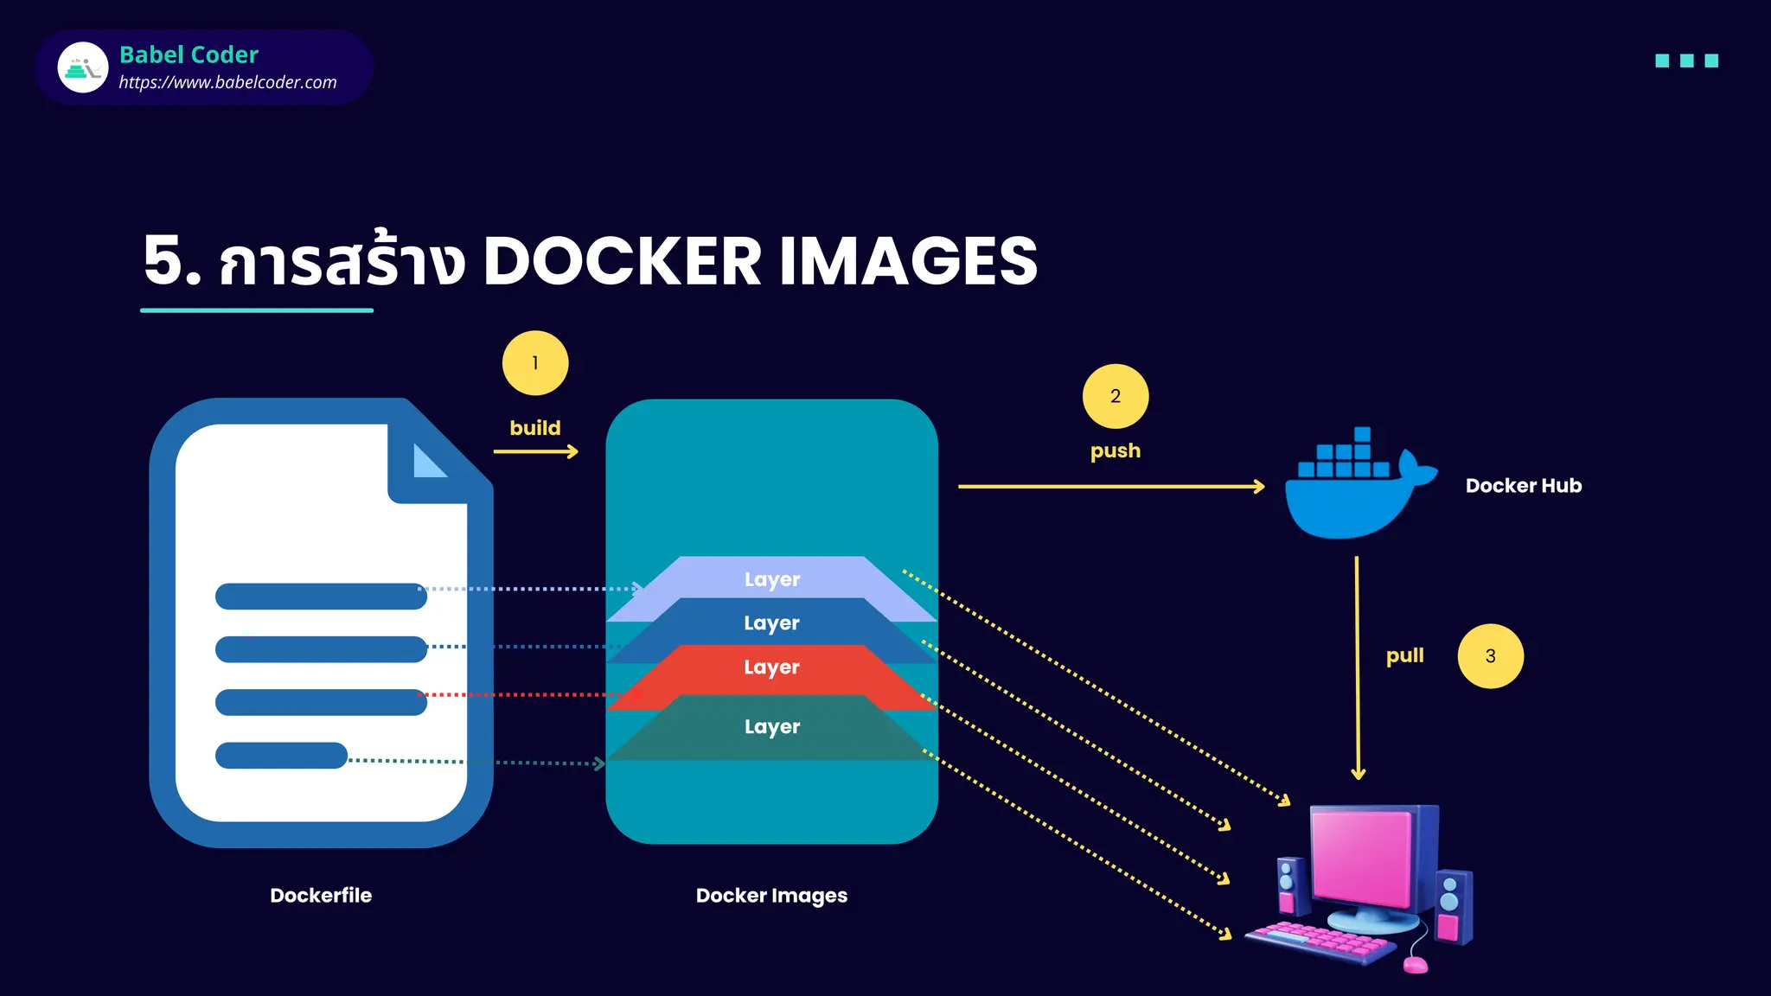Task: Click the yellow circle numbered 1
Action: [535, 363]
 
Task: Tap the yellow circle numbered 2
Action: [1116, 396]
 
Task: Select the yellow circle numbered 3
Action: [1490, 656]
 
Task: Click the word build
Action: [535, 428]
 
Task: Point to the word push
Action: [1116, 450]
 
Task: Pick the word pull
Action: [1404, 655]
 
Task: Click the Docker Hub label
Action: [1524, 486]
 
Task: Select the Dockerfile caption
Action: [321, 896]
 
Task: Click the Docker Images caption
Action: [771, 896]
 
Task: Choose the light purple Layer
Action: [772, 579]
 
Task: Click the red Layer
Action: [772, 667]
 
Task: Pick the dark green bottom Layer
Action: [772, 727]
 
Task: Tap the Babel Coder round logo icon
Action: [83, 67]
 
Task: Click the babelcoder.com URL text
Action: [227, 83]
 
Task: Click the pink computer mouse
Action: [1416, 964]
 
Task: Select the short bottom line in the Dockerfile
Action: [281, 756]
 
